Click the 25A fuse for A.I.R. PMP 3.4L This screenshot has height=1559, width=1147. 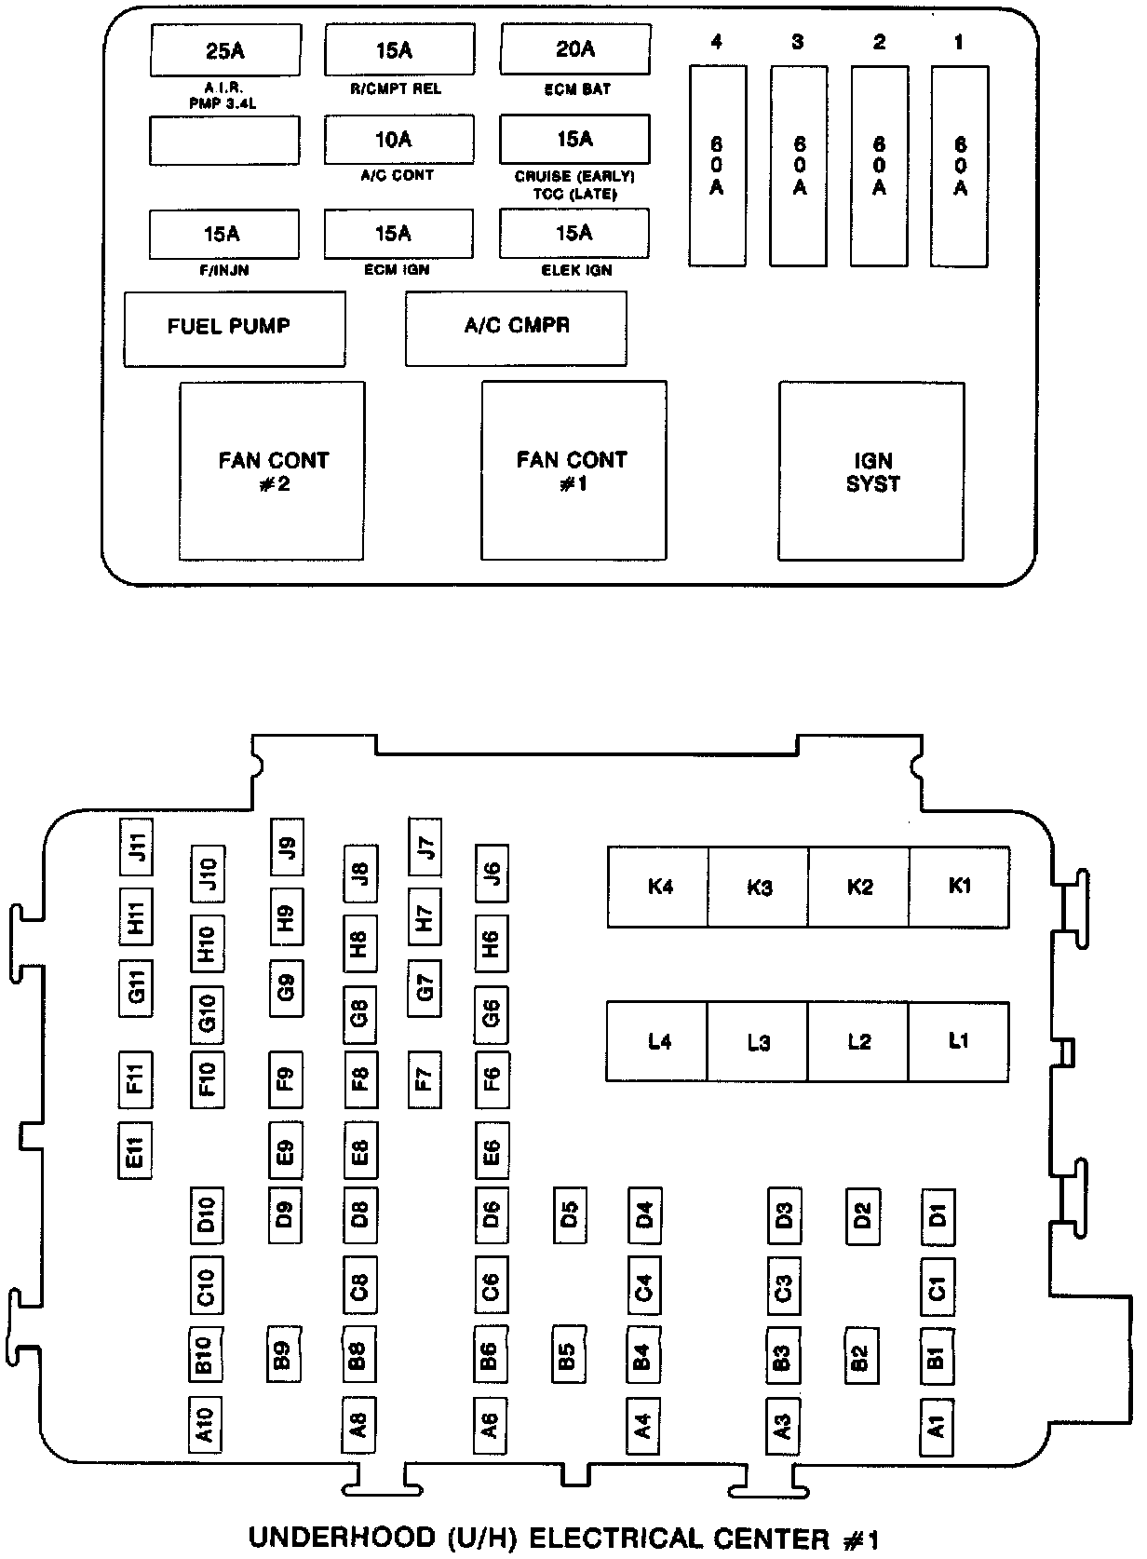pos(225,50)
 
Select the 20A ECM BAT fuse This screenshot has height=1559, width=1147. pos(574,49)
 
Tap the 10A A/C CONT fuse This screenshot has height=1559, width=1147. pos(398,140)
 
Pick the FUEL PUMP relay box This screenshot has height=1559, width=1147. pos(235,328)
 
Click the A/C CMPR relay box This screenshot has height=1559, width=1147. pos(516,328)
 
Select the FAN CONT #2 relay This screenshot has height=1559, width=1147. pos(272,471)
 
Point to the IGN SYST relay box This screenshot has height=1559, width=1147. pos(871,471)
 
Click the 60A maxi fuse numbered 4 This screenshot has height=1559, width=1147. pos(717,166)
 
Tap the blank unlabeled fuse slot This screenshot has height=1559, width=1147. pos(224,140)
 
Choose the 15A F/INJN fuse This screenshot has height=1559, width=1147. pos(224,233)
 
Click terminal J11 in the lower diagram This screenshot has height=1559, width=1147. pos(137,847)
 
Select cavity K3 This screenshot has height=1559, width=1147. pos(759,887)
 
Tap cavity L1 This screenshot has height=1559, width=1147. pos(958,1041)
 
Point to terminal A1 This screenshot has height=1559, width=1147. pos(938,1426)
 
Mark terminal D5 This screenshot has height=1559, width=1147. pos(570,1215)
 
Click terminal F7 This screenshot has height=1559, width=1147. pos(425,1079)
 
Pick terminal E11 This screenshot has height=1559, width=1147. pos(135,1152)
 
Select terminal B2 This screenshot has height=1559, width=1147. pos(861,1357)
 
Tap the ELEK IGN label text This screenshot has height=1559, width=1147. pos(576,271)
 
